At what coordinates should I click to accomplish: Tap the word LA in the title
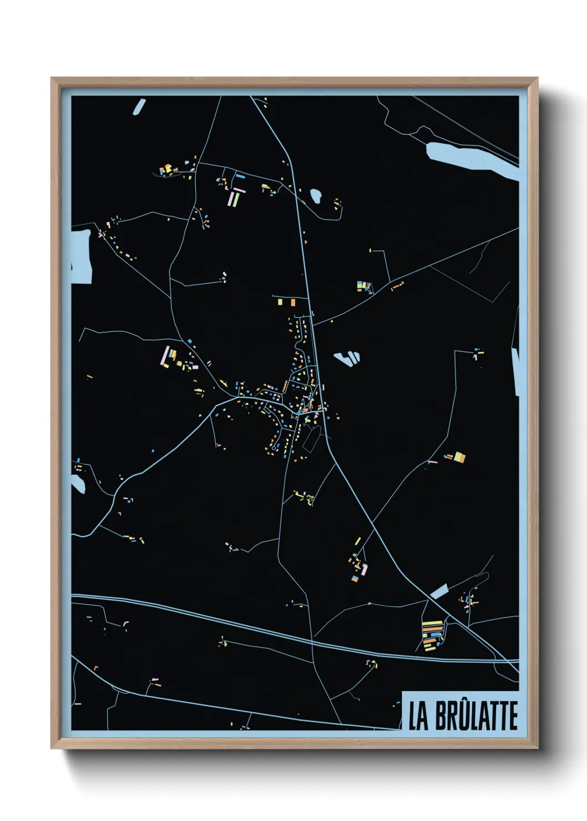418,716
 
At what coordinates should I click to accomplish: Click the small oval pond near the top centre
316,196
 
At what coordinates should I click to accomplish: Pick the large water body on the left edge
81,256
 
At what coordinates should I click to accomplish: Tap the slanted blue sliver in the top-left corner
139,107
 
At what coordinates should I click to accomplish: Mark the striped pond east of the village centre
347,358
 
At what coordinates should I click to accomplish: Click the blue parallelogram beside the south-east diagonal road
439,591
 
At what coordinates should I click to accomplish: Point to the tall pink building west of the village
165,355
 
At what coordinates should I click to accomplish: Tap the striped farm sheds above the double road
432,635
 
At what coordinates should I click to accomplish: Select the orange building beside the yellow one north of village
281,302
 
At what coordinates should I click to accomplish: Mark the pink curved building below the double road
126,624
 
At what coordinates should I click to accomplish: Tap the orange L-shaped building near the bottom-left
95,668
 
